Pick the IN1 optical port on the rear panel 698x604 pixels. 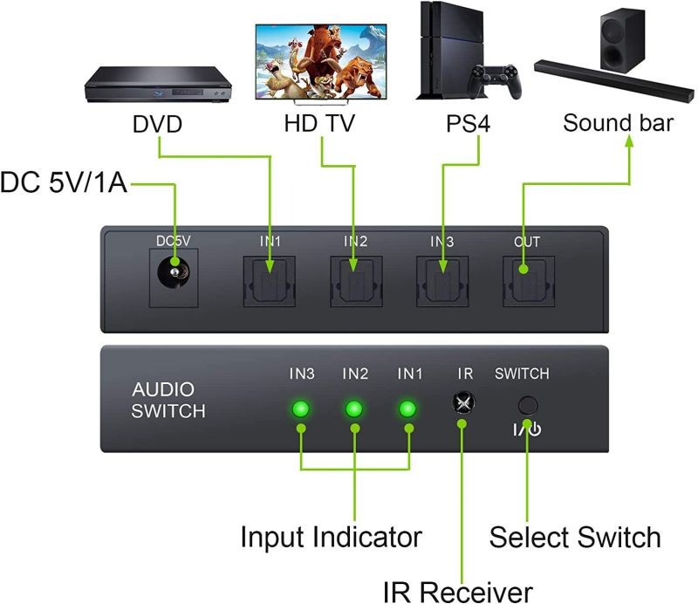270,279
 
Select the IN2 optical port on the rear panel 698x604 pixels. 355,279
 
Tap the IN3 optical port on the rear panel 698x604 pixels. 442,279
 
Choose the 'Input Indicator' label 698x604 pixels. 331,536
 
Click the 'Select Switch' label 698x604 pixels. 574,536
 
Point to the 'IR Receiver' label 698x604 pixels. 457,591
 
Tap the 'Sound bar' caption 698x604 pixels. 618,122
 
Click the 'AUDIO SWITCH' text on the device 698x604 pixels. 168,400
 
